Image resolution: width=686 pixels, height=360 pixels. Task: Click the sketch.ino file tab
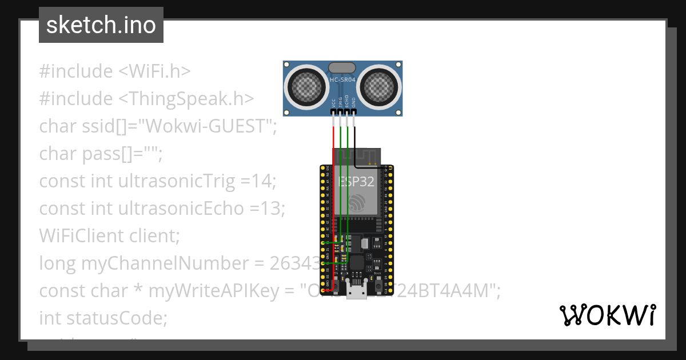tap(101, 26)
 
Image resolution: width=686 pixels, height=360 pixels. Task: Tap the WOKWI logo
tap(607, 315)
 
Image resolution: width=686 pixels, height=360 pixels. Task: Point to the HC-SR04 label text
tap(342, 79)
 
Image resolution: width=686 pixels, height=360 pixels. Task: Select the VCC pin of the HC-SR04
tap(333, 113)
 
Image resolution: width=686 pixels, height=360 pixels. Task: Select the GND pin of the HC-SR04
tap(354, 113)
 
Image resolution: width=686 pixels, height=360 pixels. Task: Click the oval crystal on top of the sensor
tap(342, 68)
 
